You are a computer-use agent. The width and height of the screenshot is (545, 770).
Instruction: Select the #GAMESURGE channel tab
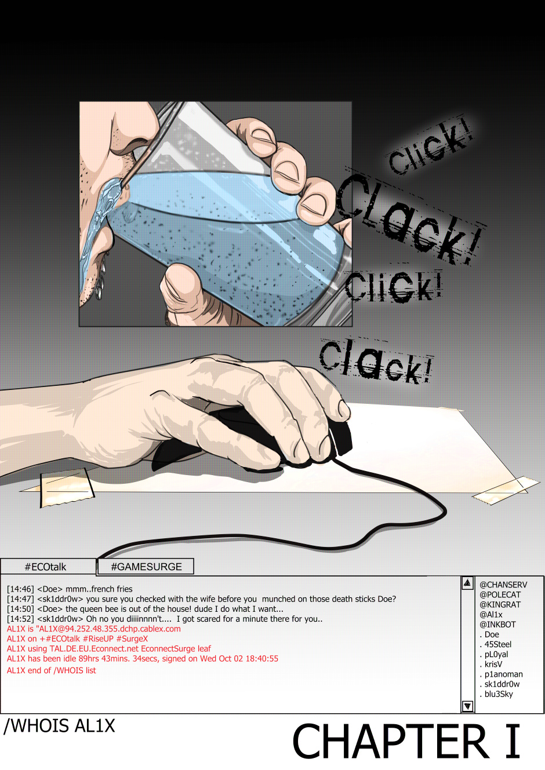point(146,567)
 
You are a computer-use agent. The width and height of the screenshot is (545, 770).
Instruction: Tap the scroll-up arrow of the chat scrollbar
point(467,583)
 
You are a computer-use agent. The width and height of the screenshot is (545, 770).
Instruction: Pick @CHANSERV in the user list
point(503,585)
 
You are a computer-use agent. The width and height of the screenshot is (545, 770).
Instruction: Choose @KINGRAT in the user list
point(500,605)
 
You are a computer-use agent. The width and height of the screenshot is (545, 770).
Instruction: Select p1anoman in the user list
point(501,674)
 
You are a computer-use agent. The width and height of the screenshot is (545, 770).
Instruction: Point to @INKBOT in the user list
point(497,625)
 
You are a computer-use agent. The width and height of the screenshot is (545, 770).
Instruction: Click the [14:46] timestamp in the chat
point(20,589)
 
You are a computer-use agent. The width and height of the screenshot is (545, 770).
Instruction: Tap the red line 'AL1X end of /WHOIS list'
point(51,670)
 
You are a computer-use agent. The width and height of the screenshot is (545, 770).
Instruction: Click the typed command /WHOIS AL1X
point(59,726)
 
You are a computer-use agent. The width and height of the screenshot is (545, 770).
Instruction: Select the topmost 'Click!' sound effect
point(430,146)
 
